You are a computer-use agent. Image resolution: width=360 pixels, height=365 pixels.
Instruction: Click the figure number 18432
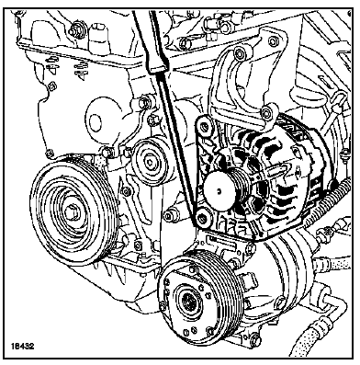coord(23,347)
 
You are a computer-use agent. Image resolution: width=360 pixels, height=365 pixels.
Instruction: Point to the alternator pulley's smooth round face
coord(219,191)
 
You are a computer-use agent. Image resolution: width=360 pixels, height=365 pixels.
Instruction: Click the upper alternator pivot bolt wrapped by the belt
coord(204,125)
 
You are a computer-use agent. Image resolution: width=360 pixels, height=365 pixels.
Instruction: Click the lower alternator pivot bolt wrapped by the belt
coord(202,218)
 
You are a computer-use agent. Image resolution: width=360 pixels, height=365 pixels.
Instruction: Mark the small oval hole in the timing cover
coord(96,120)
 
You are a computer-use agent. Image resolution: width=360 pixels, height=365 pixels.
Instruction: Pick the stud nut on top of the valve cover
coord(74,31)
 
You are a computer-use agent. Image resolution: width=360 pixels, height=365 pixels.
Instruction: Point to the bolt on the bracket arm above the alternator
coord(267,113)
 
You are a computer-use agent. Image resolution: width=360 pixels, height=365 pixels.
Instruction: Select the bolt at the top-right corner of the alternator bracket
coord(273,41)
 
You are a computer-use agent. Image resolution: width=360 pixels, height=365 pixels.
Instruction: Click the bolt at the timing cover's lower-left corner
coord(48,153)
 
